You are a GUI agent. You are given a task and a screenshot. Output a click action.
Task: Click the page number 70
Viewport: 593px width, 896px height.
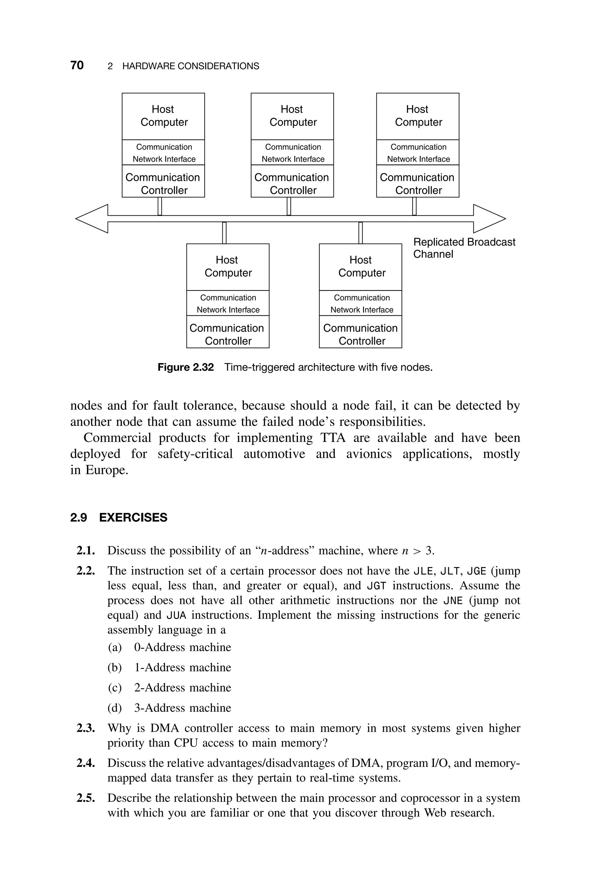pos(77,65)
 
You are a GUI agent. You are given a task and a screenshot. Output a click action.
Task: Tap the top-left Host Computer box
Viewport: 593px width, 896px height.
pos(163,116)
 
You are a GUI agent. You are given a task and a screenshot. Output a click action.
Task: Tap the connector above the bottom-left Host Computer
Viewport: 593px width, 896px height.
pos(224,233)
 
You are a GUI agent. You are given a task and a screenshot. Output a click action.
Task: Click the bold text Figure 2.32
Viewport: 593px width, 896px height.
pos(185,367)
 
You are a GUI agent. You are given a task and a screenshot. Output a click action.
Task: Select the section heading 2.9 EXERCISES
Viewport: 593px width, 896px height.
pos(119,518)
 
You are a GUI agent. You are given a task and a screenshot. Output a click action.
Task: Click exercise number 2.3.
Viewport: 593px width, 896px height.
pos(85,728)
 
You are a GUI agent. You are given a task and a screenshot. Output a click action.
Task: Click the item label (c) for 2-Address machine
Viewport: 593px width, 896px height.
pos(115,688)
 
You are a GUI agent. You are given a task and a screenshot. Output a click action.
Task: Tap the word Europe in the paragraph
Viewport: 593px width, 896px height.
pos(106,470)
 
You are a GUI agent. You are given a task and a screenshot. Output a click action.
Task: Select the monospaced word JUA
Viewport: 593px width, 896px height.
pos(177,615)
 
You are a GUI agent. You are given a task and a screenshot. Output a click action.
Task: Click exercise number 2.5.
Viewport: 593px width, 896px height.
pos(85,798)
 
